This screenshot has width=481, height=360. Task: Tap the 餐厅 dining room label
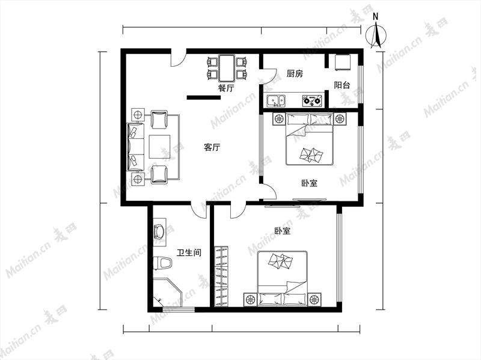226,88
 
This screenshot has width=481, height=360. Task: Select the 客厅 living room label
212,147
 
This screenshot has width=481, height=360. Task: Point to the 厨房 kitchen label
295,74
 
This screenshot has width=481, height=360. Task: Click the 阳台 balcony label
342,85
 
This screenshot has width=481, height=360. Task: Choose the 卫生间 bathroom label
189,252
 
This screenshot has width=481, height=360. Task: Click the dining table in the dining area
227,67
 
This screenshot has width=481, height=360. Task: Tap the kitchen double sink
276,100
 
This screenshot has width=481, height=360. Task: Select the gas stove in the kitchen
311,100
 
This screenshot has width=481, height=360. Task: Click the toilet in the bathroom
162,263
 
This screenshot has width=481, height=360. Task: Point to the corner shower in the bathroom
168,292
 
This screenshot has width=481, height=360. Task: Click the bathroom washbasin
159,232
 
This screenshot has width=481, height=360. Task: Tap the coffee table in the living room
159,147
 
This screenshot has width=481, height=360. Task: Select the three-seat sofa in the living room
136,147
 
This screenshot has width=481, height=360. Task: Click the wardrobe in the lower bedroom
221,276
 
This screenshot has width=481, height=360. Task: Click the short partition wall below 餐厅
204,97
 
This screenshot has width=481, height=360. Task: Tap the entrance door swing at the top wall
178,58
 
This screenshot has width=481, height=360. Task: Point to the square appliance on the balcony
342,63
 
